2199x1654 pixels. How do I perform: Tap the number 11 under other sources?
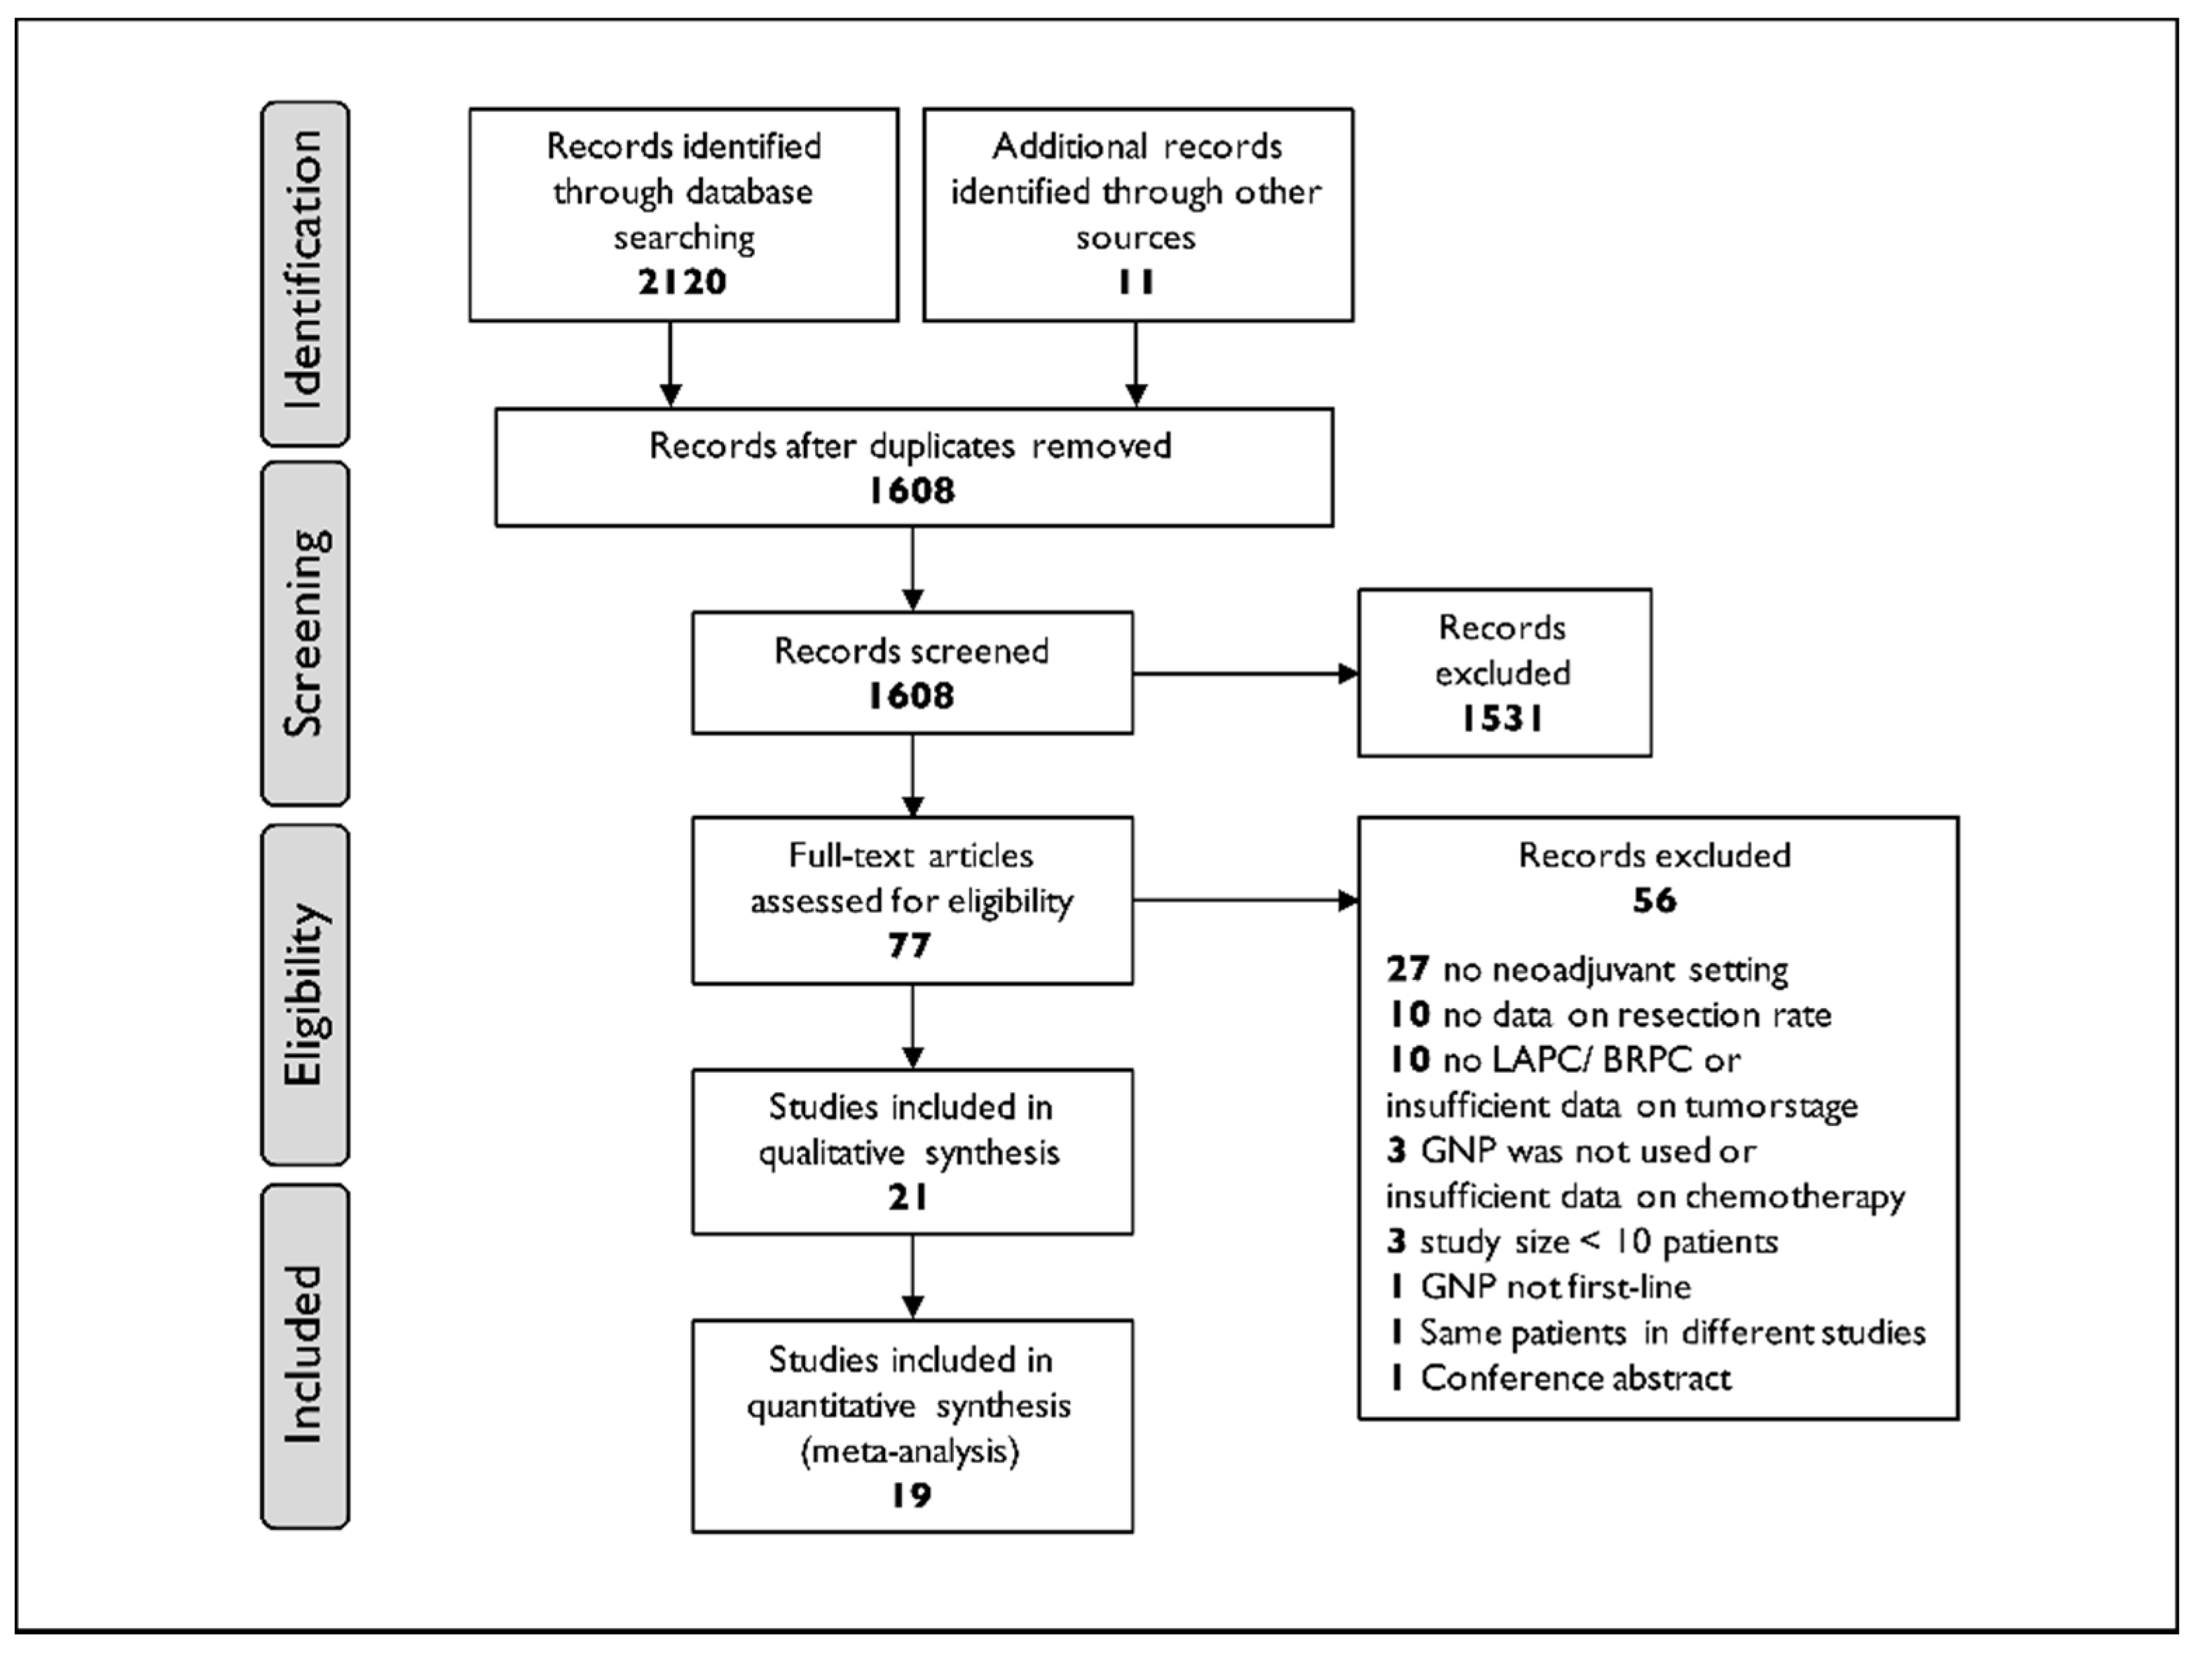1135,282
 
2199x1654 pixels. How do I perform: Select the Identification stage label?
304,271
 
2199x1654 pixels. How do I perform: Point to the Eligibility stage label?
304,994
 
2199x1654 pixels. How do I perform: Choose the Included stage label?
304,1354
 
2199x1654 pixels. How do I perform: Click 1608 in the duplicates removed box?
912,491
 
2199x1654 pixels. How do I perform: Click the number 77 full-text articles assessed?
910,945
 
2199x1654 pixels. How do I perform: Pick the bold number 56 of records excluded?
1655,900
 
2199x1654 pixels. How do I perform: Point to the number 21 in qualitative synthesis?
910,1198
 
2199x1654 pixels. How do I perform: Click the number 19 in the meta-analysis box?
910,1495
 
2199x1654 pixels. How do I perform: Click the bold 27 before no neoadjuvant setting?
1408,969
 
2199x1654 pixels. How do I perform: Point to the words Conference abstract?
1576,1378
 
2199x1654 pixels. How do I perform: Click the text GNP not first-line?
1555,1287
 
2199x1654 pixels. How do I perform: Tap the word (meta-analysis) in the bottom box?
910,1452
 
